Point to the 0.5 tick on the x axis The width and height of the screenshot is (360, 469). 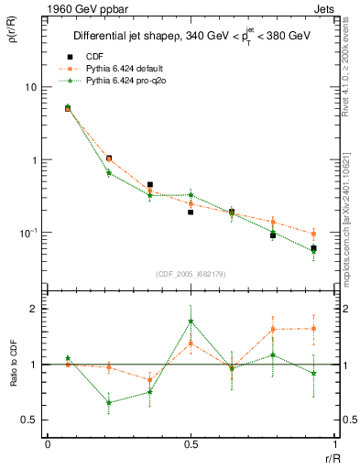191,443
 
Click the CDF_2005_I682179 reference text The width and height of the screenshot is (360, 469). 191,274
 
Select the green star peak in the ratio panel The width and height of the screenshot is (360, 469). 191,321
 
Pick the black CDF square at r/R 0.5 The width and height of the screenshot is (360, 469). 191,212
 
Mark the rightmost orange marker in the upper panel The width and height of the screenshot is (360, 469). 314,234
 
